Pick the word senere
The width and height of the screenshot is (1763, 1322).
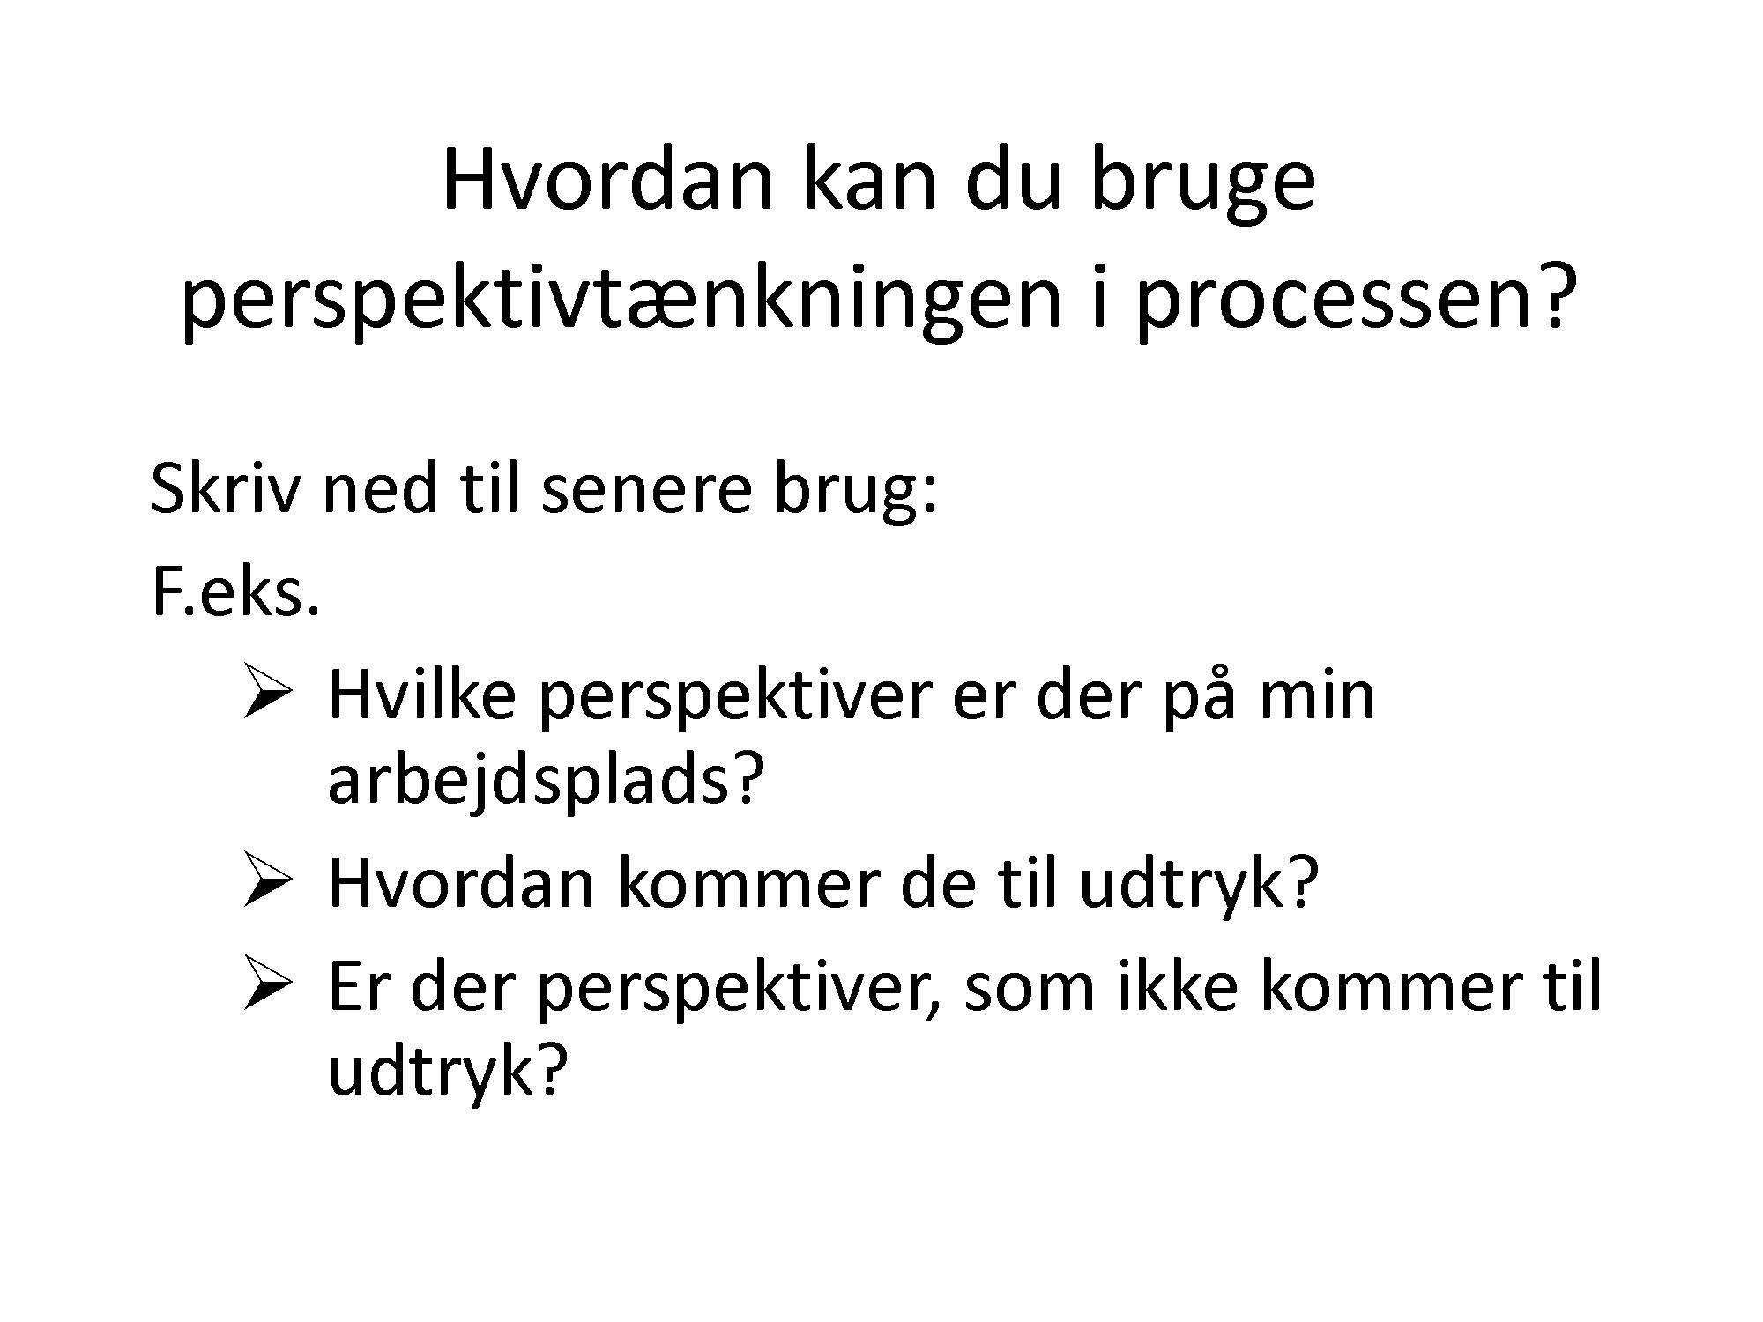pos(645,494)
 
